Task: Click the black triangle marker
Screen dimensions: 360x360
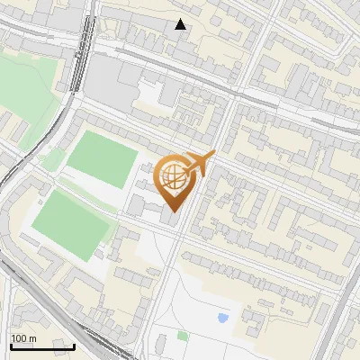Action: click(181, 24)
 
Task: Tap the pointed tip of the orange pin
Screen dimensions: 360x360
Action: click(173, 212)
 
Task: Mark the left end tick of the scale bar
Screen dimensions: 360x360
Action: click(11, 346)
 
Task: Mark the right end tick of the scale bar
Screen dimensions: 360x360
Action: click(74, 346)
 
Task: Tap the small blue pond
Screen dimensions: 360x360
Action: click(222, 318)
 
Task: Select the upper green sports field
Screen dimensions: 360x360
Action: click(103, 158)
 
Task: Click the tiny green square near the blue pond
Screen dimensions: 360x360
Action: click(183, 336)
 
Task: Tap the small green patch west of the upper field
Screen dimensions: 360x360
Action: click(52, 160)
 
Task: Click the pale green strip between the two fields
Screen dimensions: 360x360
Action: click(87, 193)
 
